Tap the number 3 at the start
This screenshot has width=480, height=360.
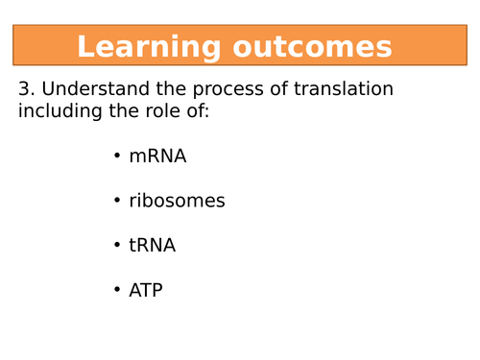(26, 89)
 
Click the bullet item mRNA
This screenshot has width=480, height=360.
(157, 156)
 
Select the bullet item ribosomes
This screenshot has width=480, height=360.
(177, 201)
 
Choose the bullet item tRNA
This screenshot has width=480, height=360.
(152, 245)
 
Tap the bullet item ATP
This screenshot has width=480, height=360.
(146, 290)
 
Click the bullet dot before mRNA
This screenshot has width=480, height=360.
(117, 156)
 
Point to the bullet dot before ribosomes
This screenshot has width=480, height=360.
(117, 202)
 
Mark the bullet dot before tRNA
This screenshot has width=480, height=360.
(117, 246)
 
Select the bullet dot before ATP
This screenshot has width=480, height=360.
(117, 291)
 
